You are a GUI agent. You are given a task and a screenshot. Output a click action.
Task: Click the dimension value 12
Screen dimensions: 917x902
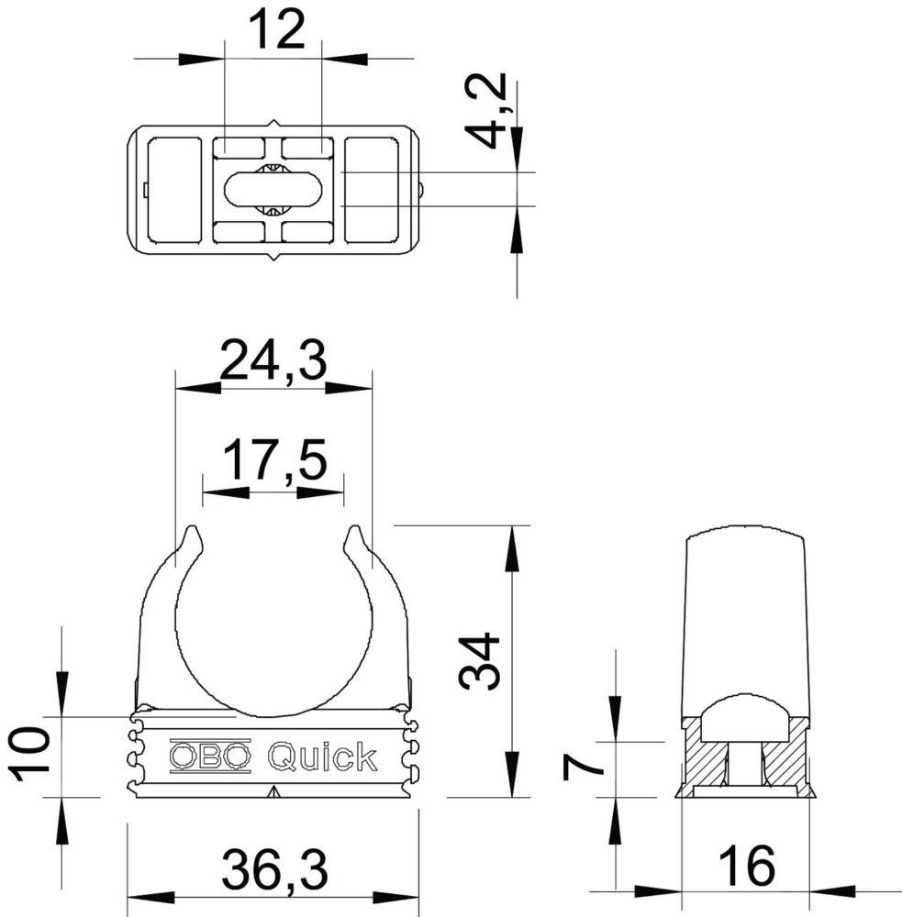276,32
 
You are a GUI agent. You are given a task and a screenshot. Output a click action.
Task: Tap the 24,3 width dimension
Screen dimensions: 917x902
273,359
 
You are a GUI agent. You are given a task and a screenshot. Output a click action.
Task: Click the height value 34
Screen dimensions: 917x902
481,660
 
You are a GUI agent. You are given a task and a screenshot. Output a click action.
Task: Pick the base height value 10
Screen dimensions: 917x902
31,754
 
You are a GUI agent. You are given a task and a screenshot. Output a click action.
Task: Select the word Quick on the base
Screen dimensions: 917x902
322,757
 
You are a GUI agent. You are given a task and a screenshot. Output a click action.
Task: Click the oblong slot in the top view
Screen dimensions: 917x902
273,190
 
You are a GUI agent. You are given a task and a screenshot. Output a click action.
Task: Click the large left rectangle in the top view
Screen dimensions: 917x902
174,190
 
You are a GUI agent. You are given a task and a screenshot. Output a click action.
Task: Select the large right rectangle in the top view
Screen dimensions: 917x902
371,190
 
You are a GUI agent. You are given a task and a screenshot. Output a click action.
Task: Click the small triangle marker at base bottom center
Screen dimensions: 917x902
273,792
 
